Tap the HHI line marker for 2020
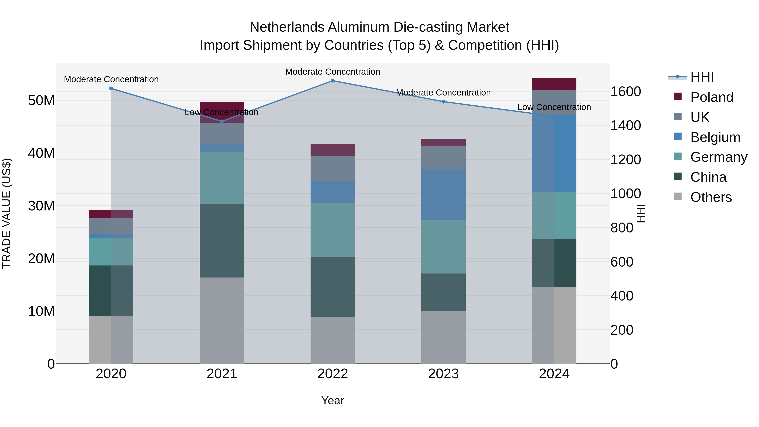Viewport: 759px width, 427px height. coord(111,88)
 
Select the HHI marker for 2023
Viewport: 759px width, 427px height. coord(443,102)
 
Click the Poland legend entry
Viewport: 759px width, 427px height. coord(711,97)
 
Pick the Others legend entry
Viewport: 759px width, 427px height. coord(711,197)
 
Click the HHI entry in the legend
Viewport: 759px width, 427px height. coord(702,77)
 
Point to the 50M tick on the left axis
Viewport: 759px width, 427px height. coord(41,101)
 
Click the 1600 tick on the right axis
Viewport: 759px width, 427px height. coord(625,92)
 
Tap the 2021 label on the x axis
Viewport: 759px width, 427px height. coord(222,374)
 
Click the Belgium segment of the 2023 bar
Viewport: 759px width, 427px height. coord(443,194)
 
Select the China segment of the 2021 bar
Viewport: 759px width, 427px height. coord(222,240)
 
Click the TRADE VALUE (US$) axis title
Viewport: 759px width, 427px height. coord(7,213)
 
